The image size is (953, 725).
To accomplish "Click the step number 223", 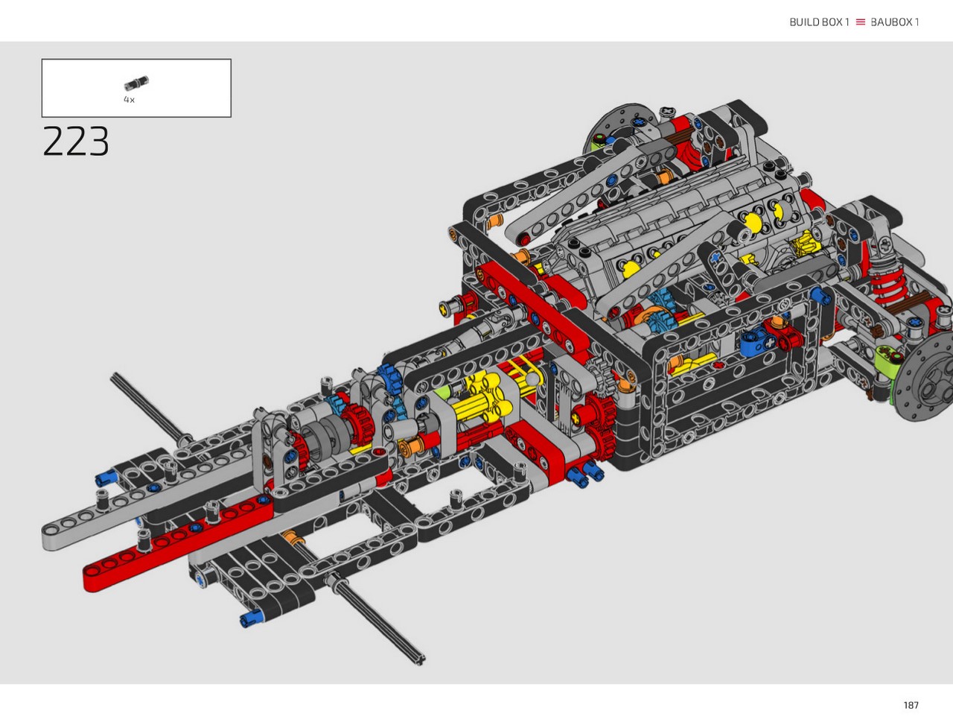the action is [x=76, y=141].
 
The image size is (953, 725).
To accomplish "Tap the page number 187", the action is [x=911, y=705].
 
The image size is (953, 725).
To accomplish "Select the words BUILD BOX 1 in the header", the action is [x=819, y=22].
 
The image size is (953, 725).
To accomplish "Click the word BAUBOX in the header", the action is [x=891, y=22].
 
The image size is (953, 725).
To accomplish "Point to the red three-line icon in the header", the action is [x=860, y=22].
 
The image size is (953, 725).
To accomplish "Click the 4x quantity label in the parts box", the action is [x=129, y=100].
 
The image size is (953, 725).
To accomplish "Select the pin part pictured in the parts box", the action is [x=136, y=83].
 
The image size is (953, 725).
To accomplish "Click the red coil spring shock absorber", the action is [x=887, y=282].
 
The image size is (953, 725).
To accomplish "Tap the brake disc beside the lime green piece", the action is [x=927, y=379].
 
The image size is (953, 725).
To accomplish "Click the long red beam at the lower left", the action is [x=178, y=543].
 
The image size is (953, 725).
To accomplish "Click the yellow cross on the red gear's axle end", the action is [x=577, y=419].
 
